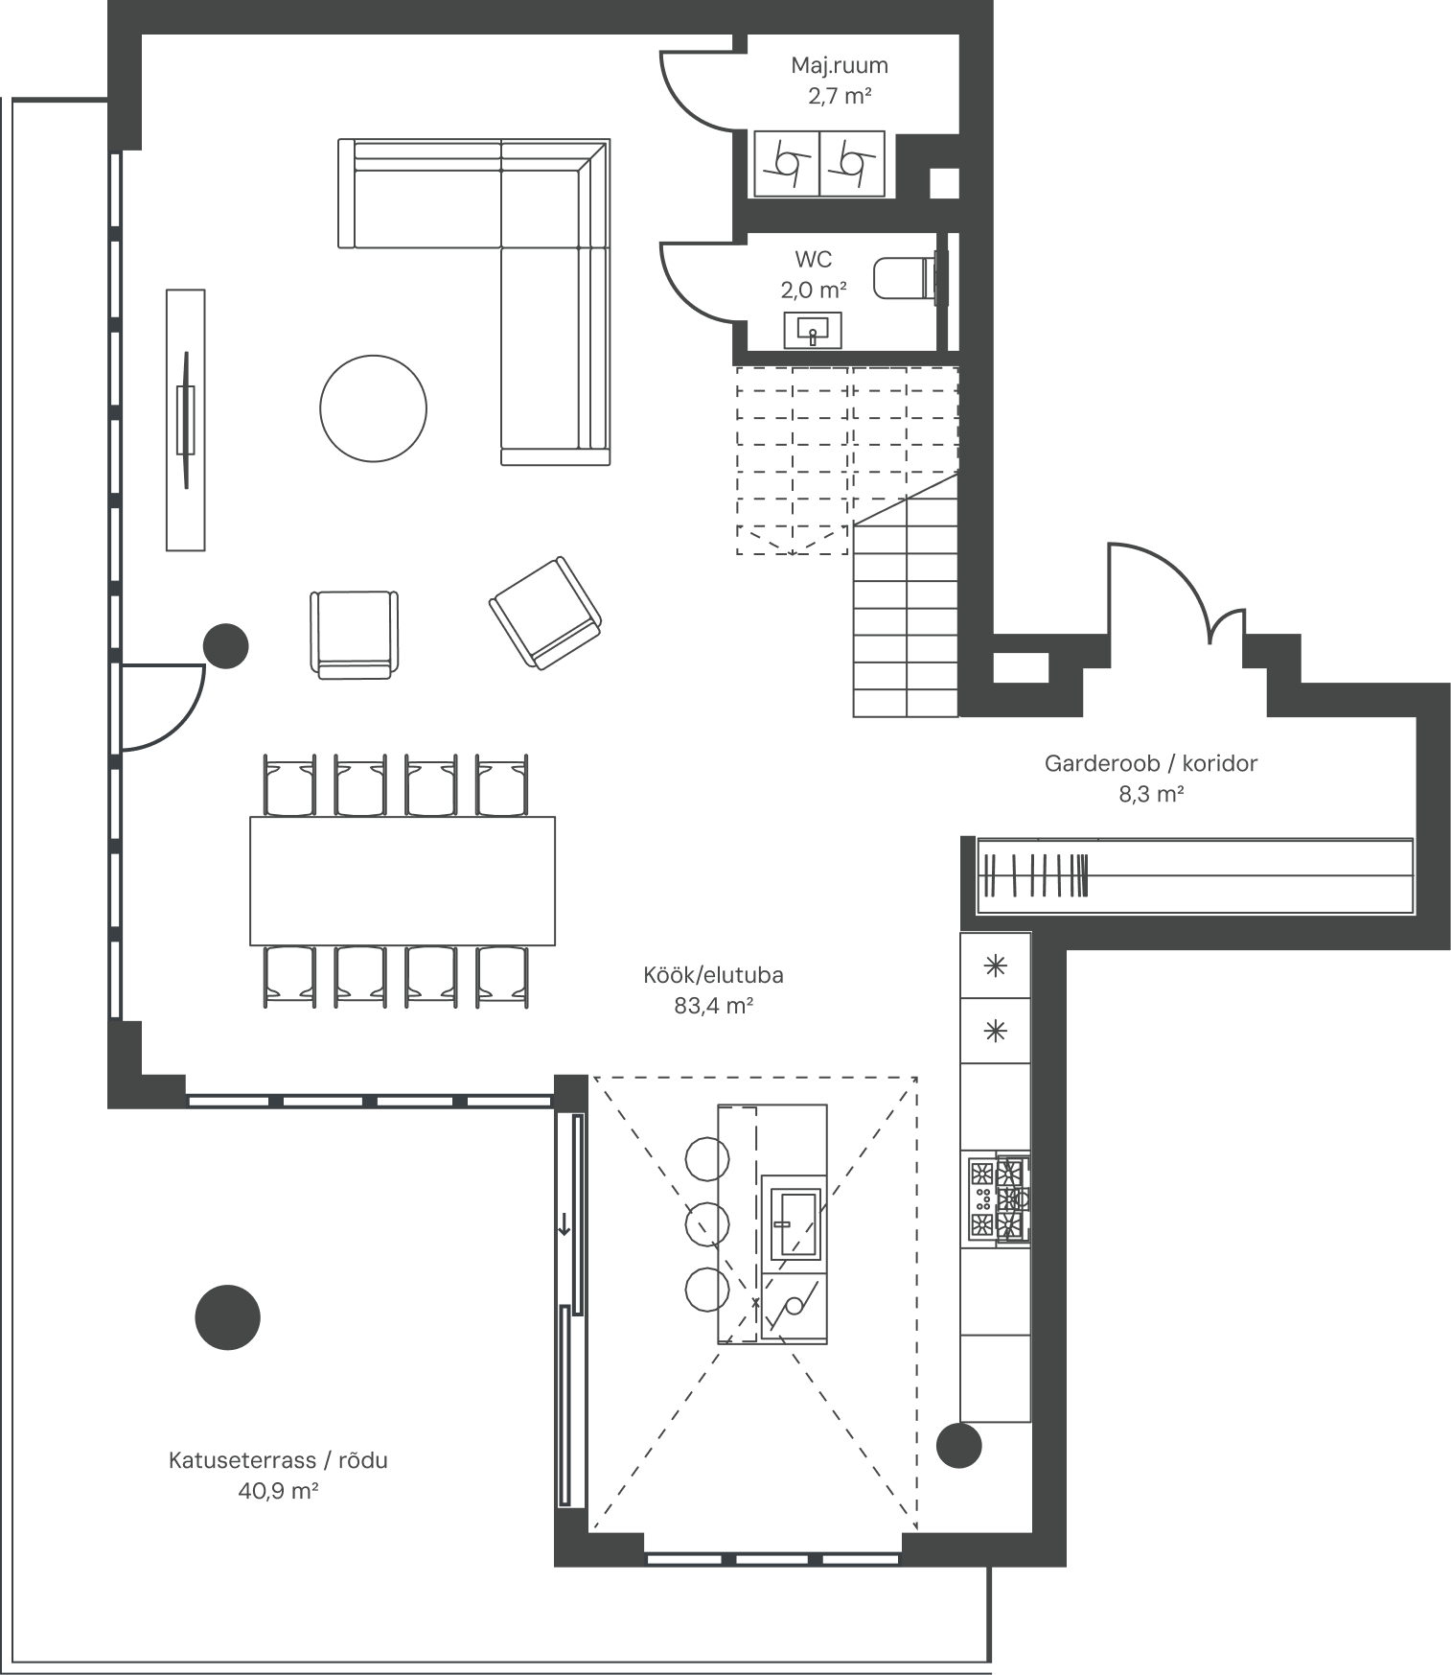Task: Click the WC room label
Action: tap(813, 259)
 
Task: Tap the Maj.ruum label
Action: tap(840, 65)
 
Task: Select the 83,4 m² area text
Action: tap(713, 1005)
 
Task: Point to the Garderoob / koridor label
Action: tap(1150, 763)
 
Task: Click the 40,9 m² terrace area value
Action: tap(278, 1490)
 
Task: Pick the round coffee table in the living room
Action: tap(373, 408)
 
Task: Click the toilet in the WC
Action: tap(905, 278)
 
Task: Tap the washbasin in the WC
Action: tap(813, 330)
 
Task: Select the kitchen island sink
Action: tap(795, 1224)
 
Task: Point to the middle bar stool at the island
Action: tap(707, 1223)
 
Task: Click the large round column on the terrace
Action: tap(227, 1317)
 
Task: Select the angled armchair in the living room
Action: tap(545, 613)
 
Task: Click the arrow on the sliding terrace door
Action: tap(564, 1223)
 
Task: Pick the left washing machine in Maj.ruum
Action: tap(786, 164)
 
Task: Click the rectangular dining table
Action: tap(403, 880)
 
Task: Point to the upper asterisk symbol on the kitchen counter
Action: tap(996, 965)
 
